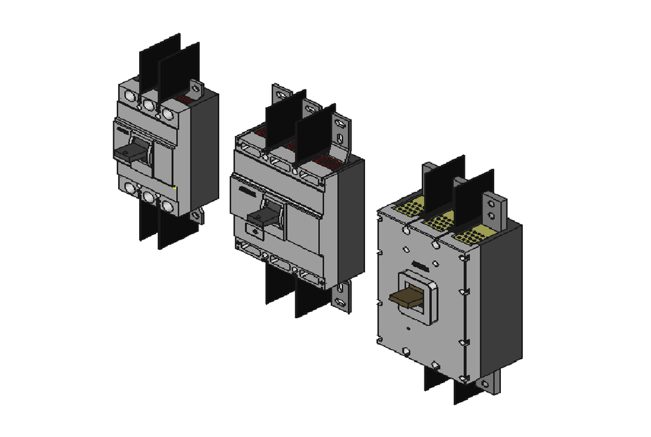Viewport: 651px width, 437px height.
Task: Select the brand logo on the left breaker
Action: [x=122, y=128]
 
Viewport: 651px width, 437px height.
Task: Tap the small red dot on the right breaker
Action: [x=407, y=330]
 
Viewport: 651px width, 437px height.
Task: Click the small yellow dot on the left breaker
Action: [x=176, y=188]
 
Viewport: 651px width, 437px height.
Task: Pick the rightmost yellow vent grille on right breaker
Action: [x=471, y=236]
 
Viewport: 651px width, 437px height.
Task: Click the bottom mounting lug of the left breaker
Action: [x=197, y=216]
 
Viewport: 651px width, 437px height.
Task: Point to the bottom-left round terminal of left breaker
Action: [x=130, y=189]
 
